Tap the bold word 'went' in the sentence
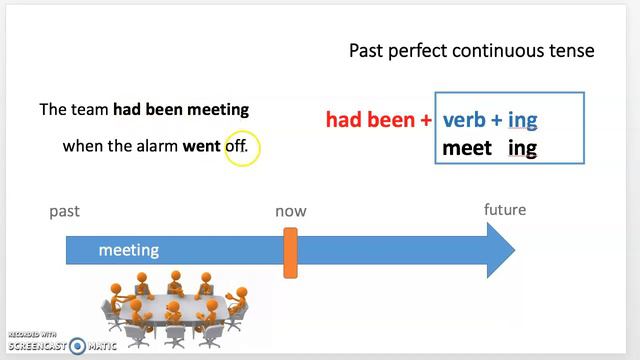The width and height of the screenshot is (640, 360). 200,146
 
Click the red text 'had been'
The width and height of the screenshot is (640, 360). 370,120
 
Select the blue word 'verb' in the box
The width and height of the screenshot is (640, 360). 464,120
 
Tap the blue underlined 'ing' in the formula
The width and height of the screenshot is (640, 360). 522,120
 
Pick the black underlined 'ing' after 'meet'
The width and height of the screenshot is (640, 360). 522,149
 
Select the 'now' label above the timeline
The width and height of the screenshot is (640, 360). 291,211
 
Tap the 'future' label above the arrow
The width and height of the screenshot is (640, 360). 505,210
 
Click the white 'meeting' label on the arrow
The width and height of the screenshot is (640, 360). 128,251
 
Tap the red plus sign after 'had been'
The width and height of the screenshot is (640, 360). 426,120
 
